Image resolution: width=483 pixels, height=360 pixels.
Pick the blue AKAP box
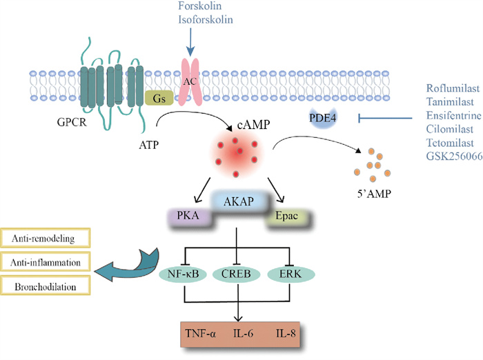click(x=237, y=201)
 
